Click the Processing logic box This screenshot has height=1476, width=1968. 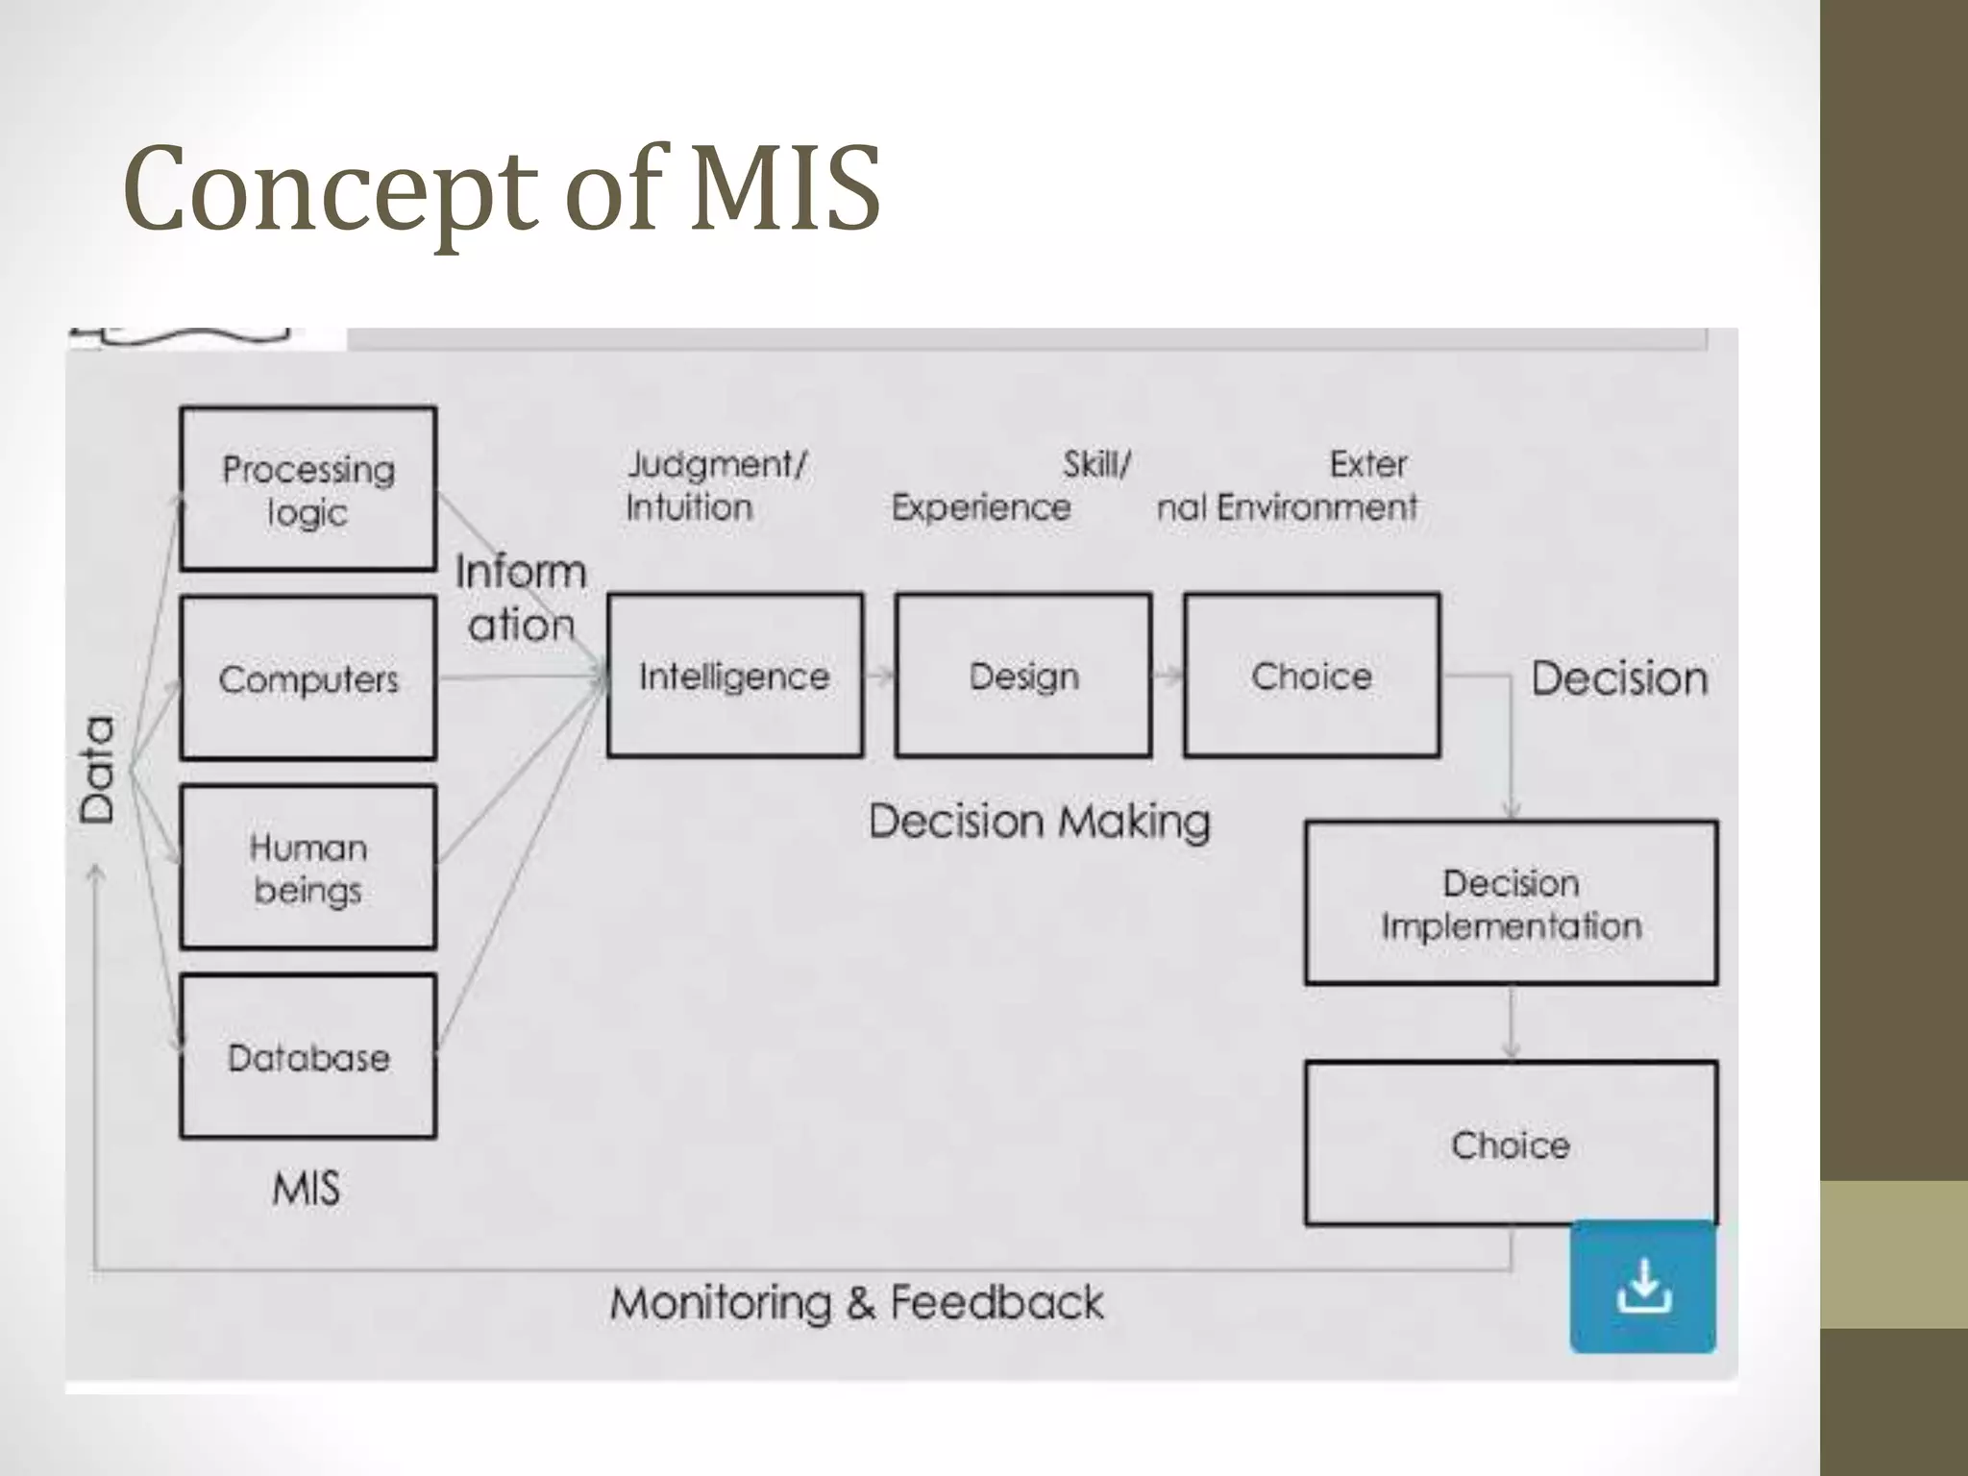click(307, 489)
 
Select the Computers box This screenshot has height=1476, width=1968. click(307, 678)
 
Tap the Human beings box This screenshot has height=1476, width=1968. click(307, 868)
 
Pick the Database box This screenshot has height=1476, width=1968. click(307, 1057)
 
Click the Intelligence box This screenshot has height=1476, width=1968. click(735, 676)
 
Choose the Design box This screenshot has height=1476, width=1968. click(1023, 676)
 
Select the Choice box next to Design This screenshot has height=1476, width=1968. click(1312, 676)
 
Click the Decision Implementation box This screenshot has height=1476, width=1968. click(1511, 903)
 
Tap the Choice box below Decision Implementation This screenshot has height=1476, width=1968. click(1511, 1144)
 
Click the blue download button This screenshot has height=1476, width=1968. click(1643, 1287)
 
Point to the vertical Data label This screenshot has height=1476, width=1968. click(98, 769)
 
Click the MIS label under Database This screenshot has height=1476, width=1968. click(307, 1189)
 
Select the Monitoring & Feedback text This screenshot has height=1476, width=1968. click(856, 1303)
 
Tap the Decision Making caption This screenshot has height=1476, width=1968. click(1039, 822)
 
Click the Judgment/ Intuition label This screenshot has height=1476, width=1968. click(716, 485)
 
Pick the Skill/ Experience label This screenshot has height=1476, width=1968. click(1009, 485)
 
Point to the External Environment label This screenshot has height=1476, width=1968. click(1288, 485)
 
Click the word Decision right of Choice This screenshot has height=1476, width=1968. click(1619, 678)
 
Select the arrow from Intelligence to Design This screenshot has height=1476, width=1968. click(879, 676)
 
